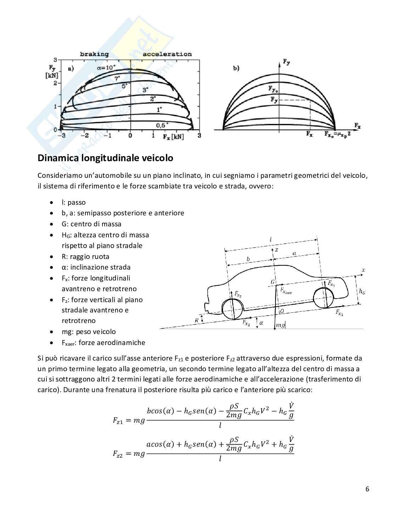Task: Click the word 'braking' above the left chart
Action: pos(94,54)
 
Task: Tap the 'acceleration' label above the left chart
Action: pos(167,54)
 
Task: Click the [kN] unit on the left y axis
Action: pos(52,75)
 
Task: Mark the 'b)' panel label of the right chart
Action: pos(236,68)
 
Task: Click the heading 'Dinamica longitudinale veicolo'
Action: pos(105,158)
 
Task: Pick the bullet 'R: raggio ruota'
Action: pos(85,256)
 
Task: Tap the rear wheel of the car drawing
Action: pos(232,309)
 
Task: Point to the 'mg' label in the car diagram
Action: pos(280,325)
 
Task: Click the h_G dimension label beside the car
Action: pos(362,291)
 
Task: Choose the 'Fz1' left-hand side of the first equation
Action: pos(118,420)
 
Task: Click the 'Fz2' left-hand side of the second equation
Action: pos(118,454)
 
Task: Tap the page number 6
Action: pos(367,489)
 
